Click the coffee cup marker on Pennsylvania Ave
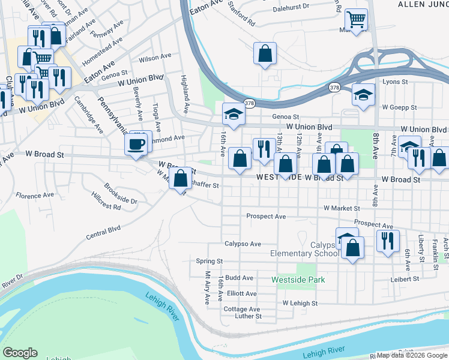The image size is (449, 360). click(135, 145)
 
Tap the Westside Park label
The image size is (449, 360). click(298, 280)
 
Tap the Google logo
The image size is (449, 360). click(20, 353)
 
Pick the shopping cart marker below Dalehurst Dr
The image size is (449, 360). click(357, 20)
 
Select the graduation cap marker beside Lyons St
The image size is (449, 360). click(363, 95)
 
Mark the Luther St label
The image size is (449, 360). click(249, 316)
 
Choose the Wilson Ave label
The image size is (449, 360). click(155, 58)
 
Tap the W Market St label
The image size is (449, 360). click(342, 208)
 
